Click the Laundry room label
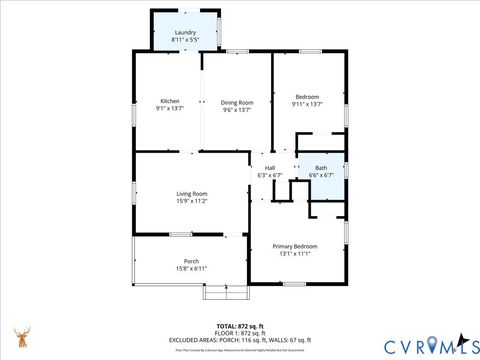point(185,32)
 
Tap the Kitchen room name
point(170,102)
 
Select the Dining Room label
point(237,102)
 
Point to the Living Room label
point(192,193)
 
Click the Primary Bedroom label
point(295,246)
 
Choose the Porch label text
point(191,261)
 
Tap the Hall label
point(270,167)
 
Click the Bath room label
point(321,167)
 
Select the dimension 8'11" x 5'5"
point(185,40)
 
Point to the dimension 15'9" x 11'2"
point(192,201)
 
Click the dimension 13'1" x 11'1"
point(295,254)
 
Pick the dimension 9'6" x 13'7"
point(237,110)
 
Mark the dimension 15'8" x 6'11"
point(191,269)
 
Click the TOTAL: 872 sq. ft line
point(240,327)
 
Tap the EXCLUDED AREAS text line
point(240,340)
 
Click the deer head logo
point(21,338)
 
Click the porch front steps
point(217,292)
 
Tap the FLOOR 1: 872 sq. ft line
point(240,334)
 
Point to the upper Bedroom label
point(307,96)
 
